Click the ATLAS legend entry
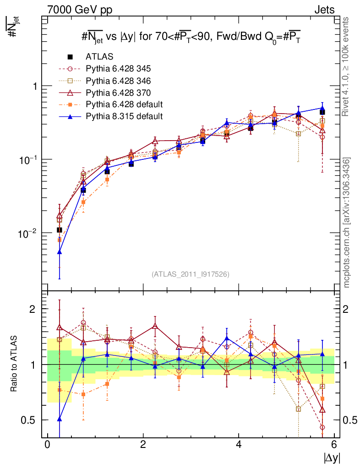click(x=99, y=57)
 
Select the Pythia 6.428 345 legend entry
click(x=118, y=69)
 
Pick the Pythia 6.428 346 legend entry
click(x=118, y=81)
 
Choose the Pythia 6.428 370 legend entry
click(x=118, y=93)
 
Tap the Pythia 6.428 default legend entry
click(x=124, y=104)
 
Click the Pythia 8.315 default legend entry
click(x=124, y=116)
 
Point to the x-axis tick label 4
click(x=239, y=445)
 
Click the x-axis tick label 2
click(x=143, y=445)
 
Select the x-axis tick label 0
click(x=47, y=445)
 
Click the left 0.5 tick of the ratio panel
click(x=31, y=420)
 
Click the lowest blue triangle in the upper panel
click(x=60, y=252)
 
